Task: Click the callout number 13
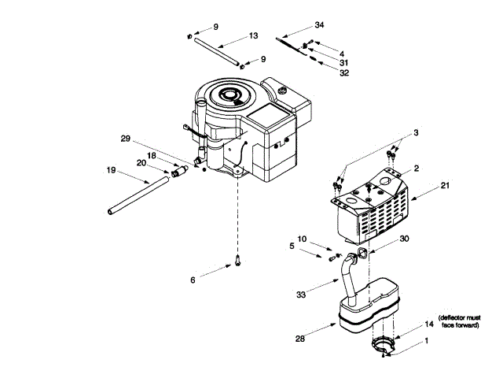pyautogui.click(x=253, y=36)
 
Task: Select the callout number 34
pyautogui.click(x=318, y=26)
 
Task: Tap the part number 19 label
pyautogui.click(x=111, y=169)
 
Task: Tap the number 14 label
pyautogui.click(x=429, y=324)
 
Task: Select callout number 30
pyautogui.click(x=405, y=238)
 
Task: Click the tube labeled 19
pyautogui.click(x=138, y=196)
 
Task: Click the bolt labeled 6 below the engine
pyautogui.click(x=236, y=261)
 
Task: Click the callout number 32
pyautogui.click(x=344, y=73)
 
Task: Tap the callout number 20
pyautogui.click(x=141, y=163)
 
